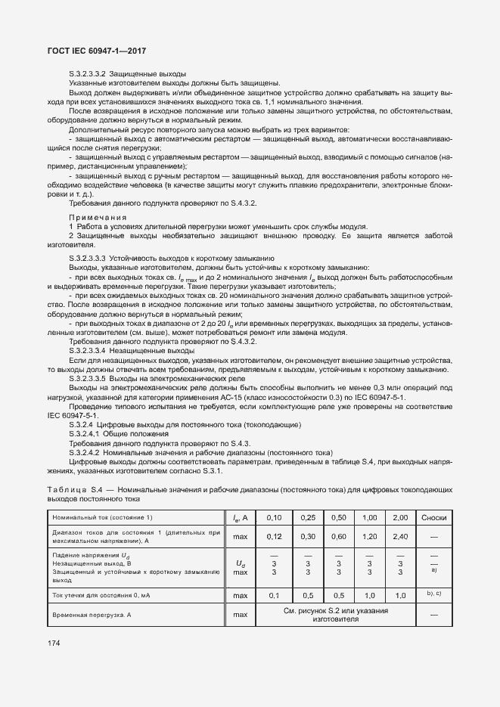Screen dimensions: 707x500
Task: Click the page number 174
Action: click(x=54, y=643)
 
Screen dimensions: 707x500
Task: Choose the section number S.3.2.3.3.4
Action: click(x=87, y=351)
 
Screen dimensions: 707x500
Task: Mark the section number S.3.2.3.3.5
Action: click(x=87, y=378)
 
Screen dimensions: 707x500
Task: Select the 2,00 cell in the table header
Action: click(x=399, y=517)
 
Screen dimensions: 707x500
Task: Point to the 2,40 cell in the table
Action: click(x=399, y=536)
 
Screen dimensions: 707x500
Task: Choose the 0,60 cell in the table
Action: click(x=338, y=536)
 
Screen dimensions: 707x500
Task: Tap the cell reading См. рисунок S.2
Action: click(x=336, y=610)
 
